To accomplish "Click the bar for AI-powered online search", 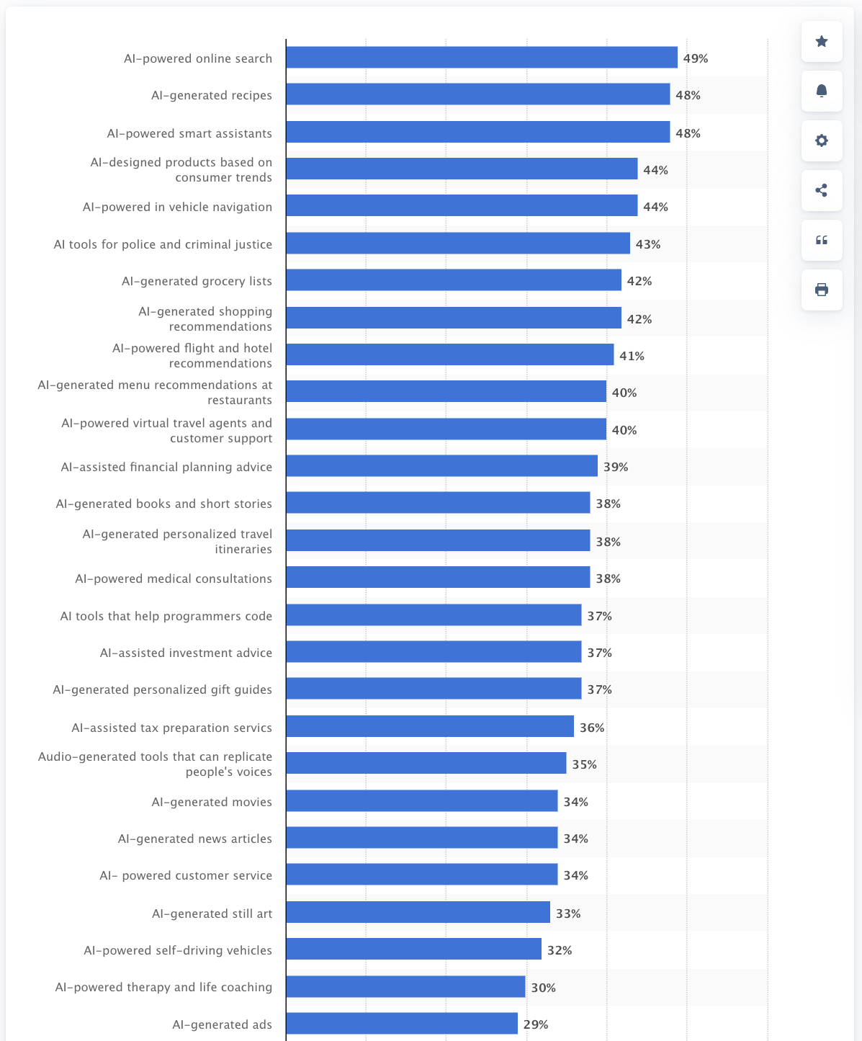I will (x=481, y=58).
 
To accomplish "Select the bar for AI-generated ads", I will (x=402, y=1024).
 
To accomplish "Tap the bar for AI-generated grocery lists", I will (x=454, y=280).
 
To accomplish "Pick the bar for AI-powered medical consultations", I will (x=438, y=578).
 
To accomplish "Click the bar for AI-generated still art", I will (x=418, y=913).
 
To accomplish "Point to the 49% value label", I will (x=696, y=58).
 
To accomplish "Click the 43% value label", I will (x=648, y=244).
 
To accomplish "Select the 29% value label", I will (x=536, y=1024).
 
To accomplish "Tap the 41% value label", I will (x=632, y=356).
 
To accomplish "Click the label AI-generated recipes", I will (x=212, y=95).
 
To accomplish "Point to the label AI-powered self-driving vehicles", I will (x=178, y=950).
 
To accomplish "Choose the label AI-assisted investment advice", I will (x=186, y=653).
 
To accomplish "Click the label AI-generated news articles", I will (x=195, y=839).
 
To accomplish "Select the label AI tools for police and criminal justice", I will (x=163, y=244).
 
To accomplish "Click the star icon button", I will (x=822, y=41).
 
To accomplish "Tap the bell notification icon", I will (x=822, y=91).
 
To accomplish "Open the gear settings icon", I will (x=822, y=140).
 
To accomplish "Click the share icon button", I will (x=822, y=190).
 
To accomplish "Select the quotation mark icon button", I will (x=822, y=240).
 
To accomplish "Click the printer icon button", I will (x=822, y=290).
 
